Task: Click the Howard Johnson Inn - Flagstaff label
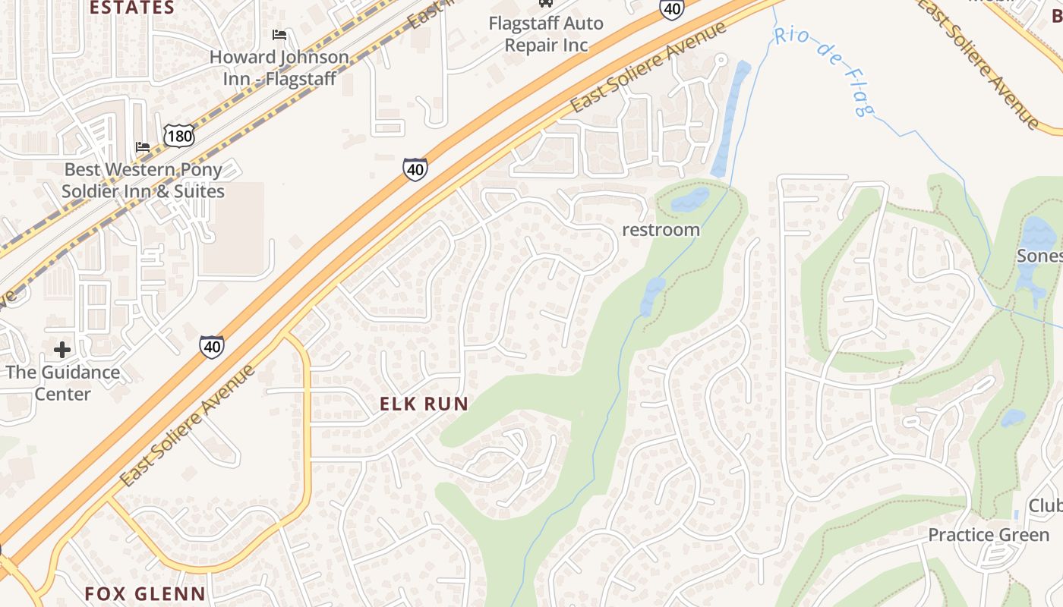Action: point(279,68)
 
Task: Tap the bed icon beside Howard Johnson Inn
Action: point(279,35)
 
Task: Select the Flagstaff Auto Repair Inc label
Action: point(545,34)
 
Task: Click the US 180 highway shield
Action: point(178,136)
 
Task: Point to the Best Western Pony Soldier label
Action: point(143,180)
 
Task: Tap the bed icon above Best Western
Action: point(143,146)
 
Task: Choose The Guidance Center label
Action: point(62,383)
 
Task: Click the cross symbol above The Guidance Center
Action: point(62,350)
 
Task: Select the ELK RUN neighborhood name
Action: point(424,404)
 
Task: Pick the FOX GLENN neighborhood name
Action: point(145,593)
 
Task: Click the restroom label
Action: point(661,230)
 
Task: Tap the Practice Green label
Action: point(989,535)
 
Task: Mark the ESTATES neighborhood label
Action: point(131,8)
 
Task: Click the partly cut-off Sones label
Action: point(1039,256)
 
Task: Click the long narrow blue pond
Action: point(730,118)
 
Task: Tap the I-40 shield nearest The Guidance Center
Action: point(212,347)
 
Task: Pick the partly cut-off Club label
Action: point(1046,506)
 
